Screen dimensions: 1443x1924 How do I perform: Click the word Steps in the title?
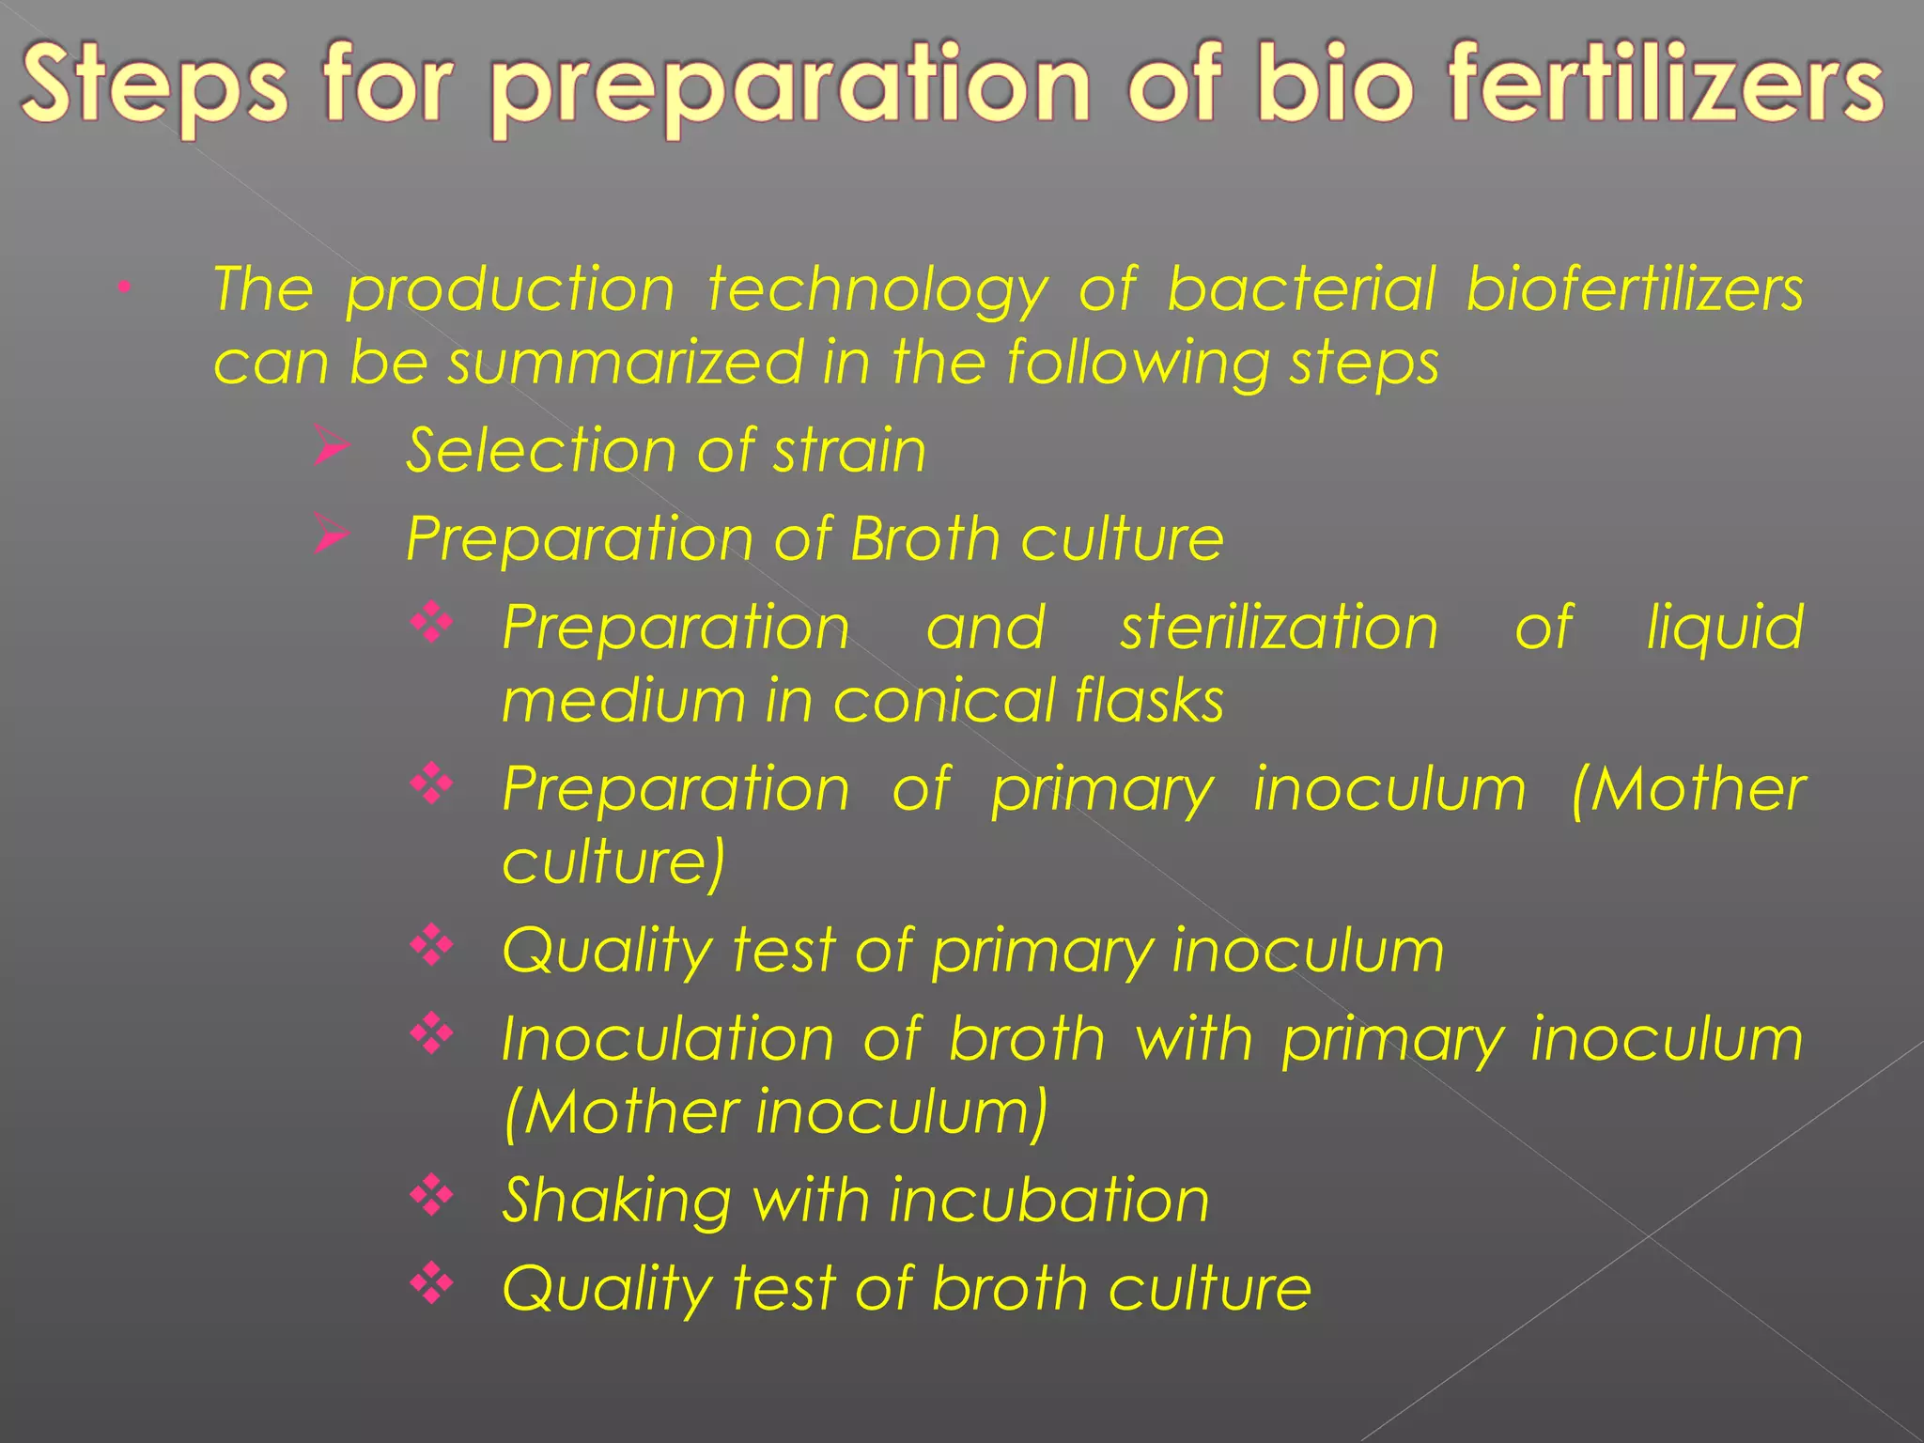[x=154, y=86]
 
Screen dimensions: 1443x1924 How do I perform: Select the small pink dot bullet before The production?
[x=122, y=287]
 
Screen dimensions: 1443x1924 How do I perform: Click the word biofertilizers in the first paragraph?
[x=1635, y=289]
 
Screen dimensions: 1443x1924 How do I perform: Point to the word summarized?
[x=625, y=364]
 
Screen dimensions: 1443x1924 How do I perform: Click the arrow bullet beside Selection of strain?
[x=331, y=445]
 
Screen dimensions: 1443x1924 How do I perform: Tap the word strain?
[x=849, y=451]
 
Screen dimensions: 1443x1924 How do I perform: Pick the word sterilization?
[x=1279, y=628]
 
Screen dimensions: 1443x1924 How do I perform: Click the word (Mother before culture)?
[x=1687, y=789]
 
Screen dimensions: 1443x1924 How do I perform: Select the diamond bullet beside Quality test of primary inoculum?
[x=432, y=944]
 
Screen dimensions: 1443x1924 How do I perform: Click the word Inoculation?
[x=667, y=1040]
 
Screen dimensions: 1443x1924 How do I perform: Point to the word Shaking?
[x=616, y=1202]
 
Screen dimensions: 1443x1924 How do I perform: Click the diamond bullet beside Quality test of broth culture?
[x=432, y=1282]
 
